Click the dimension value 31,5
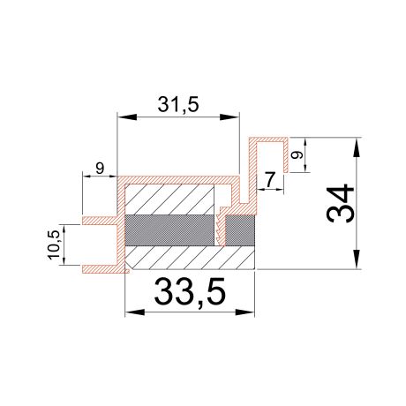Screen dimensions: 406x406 tap(179, 103)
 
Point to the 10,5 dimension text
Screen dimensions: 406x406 tap(55, 244)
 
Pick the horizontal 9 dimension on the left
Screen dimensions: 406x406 tap(99, 167)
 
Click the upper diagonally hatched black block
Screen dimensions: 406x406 tap(171, 199)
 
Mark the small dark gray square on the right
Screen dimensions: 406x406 tap(240, 230)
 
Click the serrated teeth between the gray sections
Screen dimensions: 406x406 tap(218, 230)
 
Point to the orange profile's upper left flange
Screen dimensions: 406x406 tap(99, 218)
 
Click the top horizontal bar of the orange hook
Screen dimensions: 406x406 tap(270, 139)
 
